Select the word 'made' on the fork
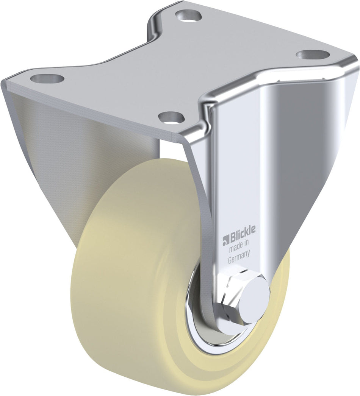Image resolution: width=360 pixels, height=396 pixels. point(236,249)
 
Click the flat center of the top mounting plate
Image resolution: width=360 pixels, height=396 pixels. point(182,68)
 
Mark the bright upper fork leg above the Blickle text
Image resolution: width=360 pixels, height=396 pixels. point(243,159)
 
